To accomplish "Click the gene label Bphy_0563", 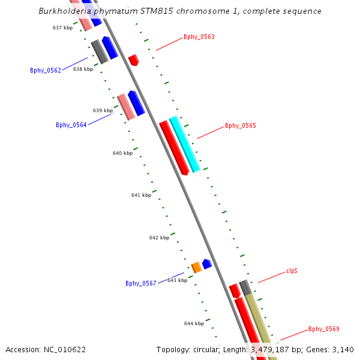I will point(199,37).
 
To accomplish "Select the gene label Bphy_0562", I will point(46,70).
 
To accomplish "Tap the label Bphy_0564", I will point(71,125).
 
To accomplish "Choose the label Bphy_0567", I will point(141,283).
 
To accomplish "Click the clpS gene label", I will point(292,271).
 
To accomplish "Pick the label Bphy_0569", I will point(324,329).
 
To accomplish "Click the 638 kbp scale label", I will point(83,69).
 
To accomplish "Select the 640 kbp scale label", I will point(122,153).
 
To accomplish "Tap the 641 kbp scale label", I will point(141,195).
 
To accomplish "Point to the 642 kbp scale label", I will point(159,238).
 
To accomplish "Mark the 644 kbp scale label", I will point(194,323).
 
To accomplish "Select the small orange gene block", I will point(196,267).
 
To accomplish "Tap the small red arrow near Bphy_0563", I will point(133,60).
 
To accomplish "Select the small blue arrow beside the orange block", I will point(207,263).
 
